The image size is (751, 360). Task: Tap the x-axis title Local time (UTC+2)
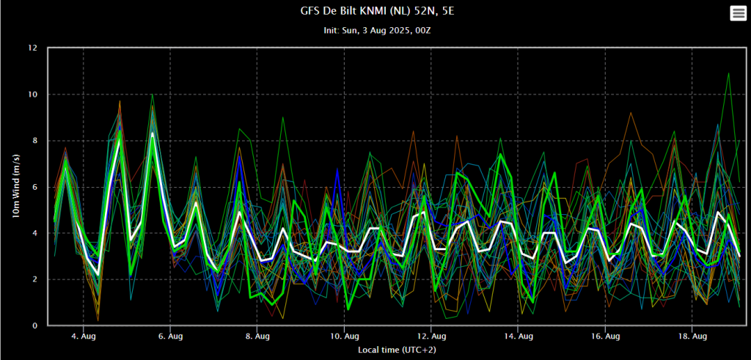[397, 350]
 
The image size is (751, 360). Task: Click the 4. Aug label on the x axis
[84, 336]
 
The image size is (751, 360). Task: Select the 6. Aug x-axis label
[170, 336]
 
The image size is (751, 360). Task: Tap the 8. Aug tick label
[257, 336]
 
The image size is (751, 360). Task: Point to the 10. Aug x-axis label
[345, 336]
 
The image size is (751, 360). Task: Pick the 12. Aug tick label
[431, 336]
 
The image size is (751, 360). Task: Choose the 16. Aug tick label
[605, 336]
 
